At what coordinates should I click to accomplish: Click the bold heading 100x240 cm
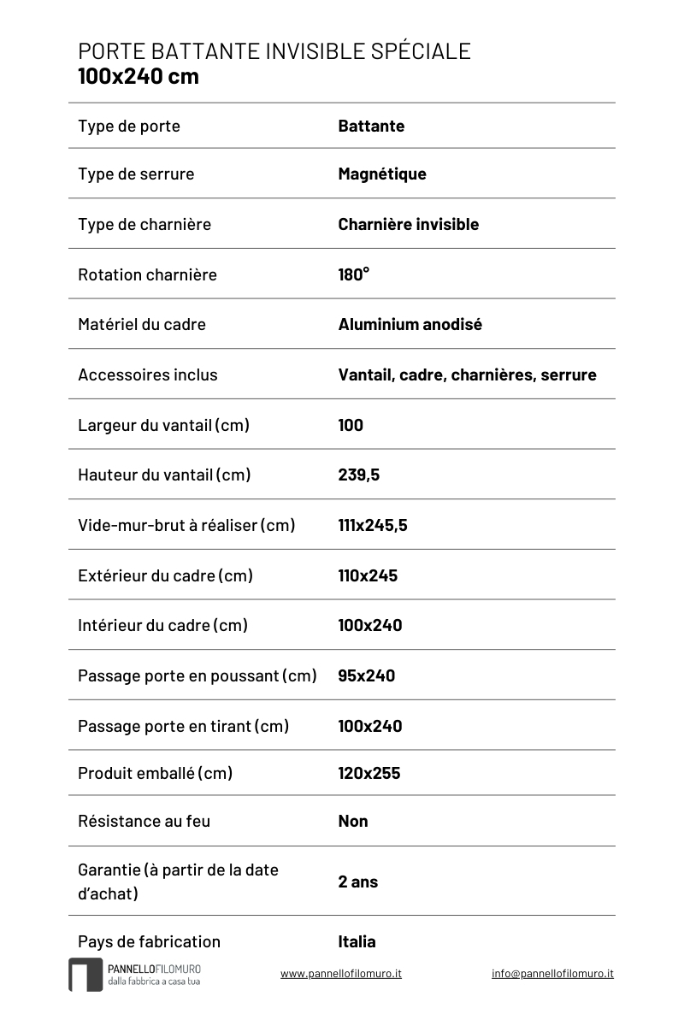(139, 76)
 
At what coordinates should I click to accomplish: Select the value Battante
(371, 127)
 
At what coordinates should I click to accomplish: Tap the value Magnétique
(382, 174)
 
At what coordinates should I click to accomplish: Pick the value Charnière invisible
(408, 225)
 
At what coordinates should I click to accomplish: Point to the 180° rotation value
(354, 274)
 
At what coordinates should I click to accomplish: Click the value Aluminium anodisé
(410, 325)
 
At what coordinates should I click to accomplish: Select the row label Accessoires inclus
(148, 374)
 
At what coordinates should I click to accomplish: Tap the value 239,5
(359, 475)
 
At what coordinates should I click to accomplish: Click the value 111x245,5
(373, 525)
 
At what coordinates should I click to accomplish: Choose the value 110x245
(368, 575)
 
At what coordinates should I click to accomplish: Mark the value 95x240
(367, 675)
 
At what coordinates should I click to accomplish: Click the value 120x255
(369, 773)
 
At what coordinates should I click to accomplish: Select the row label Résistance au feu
(144, 821)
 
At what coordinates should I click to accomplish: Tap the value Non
(353, 821)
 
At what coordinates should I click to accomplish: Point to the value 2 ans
(357, 882)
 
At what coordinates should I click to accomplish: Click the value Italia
(357, 941)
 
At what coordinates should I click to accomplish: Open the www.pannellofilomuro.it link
(341, 973)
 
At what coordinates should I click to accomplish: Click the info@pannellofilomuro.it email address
(552, 973)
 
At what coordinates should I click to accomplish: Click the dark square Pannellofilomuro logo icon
(85, 975)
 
